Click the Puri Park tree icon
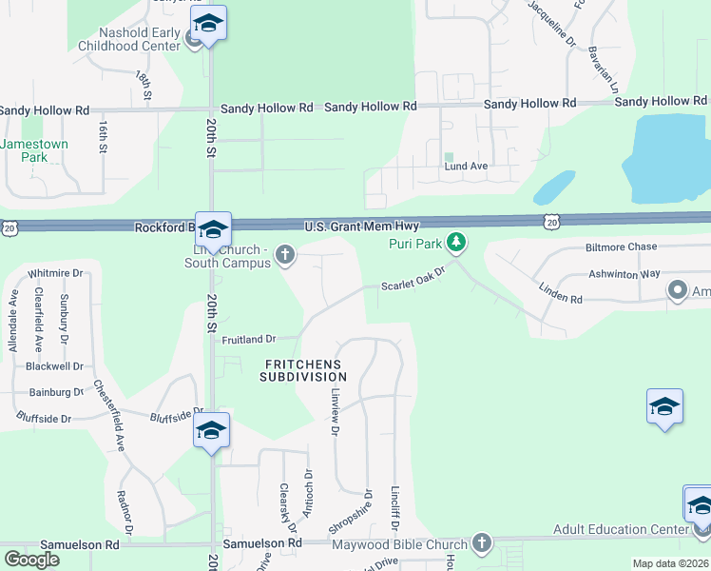coord(457,244)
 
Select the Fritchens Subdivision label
coord(303,370)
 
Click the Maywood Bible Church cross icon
coord(481,543)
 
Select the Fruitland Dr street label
coord(248,339)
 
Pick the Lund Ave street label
coord(466,166)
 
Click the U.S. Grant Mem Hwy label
coord(361,226)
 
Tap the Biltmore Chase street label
coord(622,246)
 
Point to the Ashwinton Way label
coord(624,273)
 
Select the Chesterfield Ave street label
coord(108,416)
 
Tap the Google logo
coord(31,560)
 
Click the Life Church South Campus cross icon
coord(284,254)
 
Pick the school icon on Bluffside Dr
coord(211,430)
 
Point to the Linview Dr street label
coord(335,411)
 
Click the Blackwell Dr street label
coord(55,365)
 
